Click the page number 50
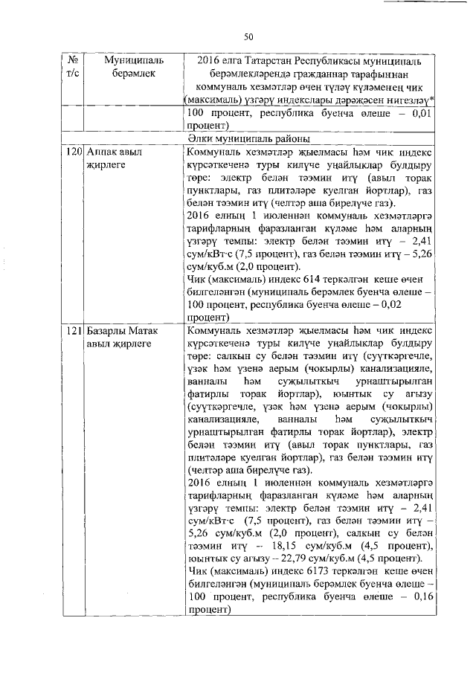pyautogui.click(x=249, y=37)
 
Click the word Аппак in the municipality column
pyautogui.click(x=102, y=151)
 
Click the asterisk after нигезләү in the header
pyautogui.click(x=434, y=99)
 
